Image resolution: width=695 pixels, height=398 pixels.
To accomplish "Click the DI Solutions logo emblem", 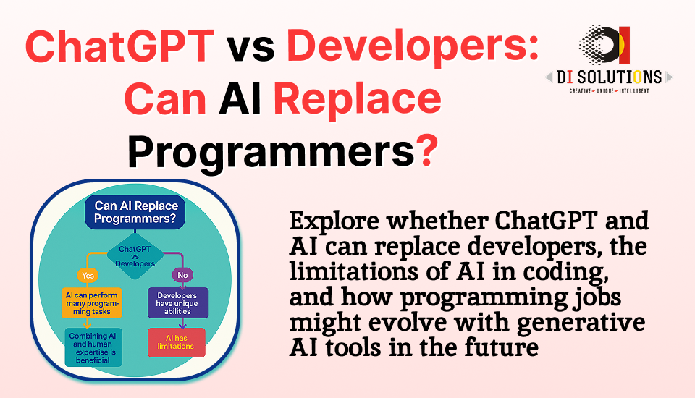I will tap(605, 46).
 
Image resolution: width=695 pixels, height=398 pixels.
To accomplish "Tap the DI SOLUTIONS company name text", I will tap(605, 77).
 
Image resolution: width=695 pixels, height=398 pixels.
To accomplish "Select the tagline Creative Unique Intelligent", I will tap(605, 90).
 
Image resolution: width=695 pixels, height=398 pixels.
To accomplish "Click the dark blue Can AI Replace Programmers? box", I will tap(135, 213).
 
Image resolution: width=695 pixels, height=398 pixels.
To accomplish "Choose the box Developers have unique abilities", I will tap(177, 303).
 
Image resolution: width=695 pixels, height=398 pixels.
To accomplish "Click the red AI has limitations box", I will tap(176, 342).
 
